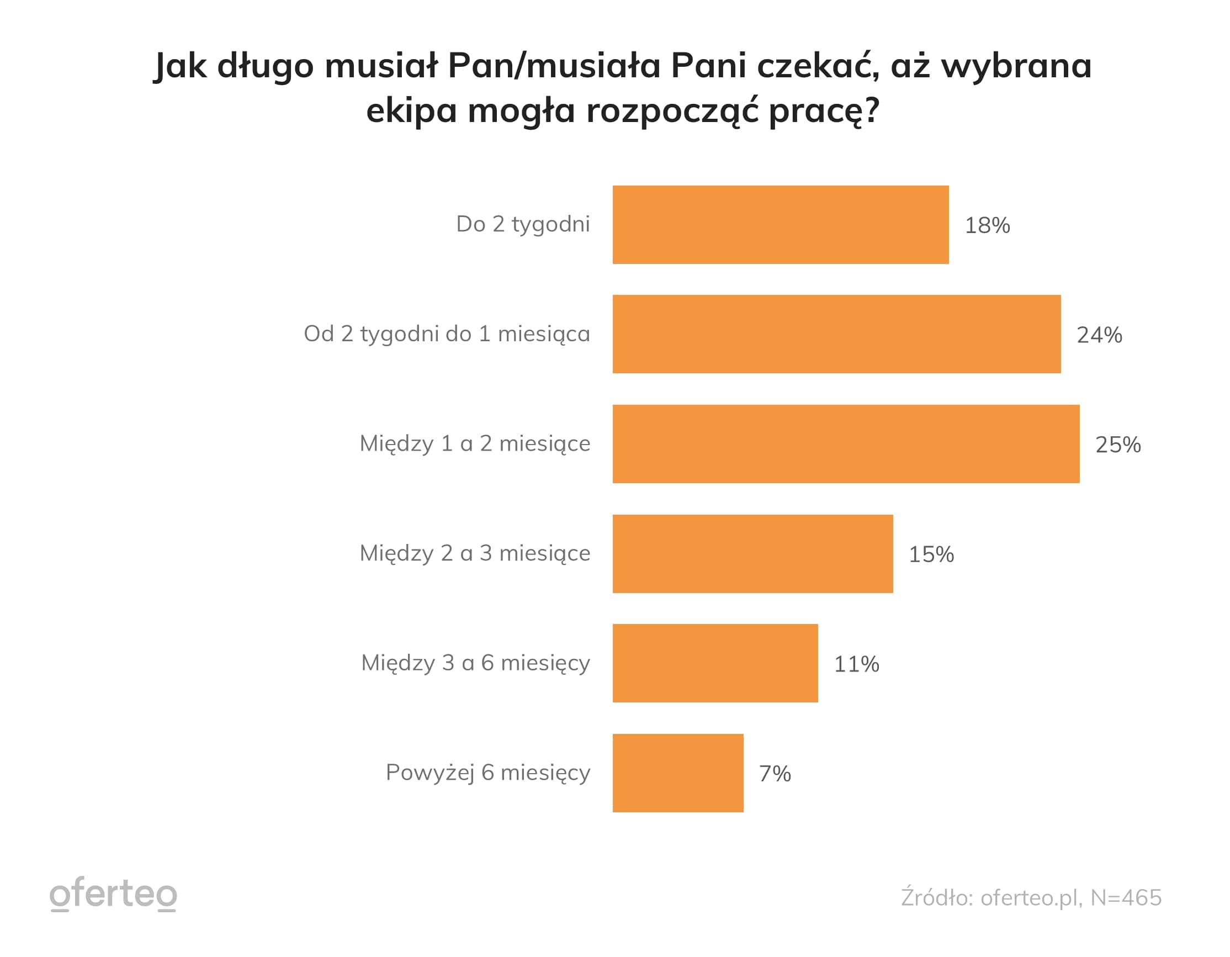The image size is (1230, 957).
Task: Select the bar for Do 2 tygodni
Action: pyautogui.click(x=781, y=224)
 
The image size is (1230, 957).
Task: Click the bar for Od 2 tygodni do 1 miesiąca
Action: pyautogui.click(x=836, y=334)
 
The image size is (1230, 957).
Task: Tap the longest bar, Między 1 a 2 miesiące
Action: pyautogui.click(x=846, y=443)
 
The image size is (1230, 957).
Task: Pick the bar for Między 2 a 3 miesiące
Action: pyautogui.click(x=752, y=553)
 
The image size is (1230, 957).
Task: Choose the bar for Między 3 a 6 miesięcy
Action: pyautogui.click(x=715, y=663)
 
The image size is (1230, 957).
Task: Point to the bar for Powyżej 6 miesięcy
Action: pyautogui.click(x=678, y=772)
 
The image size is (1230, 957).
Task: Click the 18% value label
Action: pyautogui.click(x=987, y=225)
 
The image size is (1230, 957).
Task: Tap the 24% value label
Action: pyautogui.click(x=1099, y=335)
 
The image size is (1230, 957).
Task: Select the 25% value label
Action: pyautogui.click(x=1118, y=445)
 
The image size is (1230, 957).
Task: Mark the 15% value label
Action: pyautogui.click(x=931, y=554)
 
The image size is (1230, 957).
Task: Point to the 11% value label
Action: pyautogui.click(x=857, y=664)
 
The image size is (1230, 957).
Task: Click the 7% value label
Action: pyautogui.click(x=775, y=773)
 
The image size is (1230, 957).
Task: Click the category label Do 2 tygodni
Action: pyautogui.click(x=523, y=224)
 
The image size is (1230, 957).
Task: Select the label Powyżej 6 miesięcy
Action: pyautogui.click(x=487, y=772)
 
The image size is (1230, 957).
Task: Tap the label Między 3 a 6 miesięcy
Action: pyautogui.click(x=475, y=663)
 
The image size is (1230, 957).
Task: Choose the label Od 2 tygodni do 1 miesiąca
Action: pyautogui.click(x=447, y=334)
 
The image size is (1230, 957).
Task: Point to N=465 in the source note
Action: pyautogui.click(x=1126, y=897)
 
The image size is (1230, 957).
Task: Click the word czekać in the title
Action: pyautogui.click(x=818, y=65)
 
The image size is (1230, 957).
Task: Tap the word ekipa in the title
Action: pyautogui.click(x=411, y=111)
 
